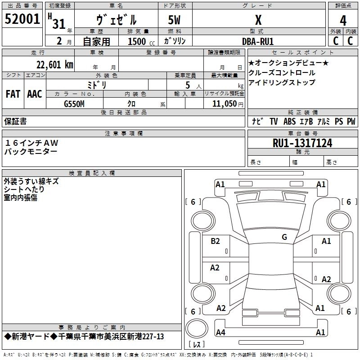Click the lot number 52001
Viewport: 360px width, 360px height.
pos(22,19)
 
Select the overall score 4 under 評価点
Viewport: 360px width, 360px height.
pos(343,21)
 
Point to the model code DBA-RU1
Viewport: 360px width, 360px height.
pos(257,41)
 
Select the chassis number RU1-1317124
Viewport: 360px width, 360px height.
pos(302,143)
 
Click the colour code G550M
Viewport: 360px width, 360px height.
pos(74,103)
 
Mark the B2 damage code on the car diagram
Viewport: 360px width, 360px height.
pos(216,241)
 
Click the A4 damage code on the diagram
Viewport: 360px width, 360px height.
pos(220,333)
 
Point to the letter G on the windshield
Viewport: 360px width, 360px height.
pos(284,237)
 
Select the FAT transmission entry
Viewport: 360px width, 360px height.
pos(13,94)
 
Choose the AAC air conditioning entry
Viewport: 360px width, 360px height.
pos(34,94)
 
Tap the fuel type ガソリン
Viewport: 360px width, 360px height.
pos(175,41)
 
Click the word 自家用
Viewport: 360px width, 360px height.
pos(96,41)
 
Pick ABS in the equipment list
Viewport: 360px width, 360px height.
pos(289,121)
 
